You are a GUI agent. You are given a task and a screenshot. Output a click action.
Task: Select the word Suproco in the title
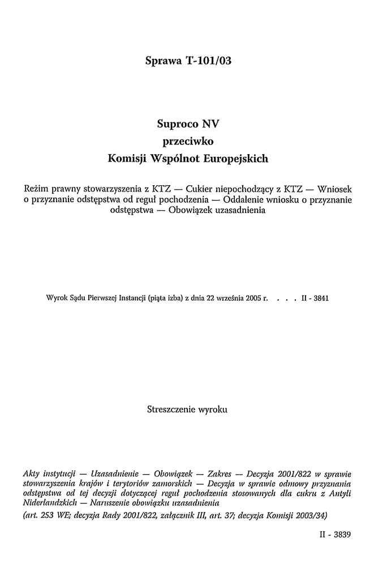pos(174,124)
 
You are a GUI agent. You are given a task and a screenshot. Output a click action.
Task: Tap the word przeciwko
pos(187,142)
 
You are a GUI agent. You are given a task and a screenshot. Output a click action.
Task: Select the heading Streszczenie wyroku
pos(187,409)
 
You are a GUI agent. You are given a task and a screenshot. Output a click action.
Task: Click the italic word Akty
pos(33,473)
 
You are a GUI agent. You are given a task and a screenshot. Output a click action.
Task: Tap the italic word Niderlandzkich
pos(49,502)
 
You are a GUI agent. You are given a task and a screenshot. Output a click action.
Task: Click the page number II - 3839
pos(335,534)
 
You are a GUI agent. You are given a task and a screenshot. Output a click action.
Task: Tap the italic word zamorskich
pos(167,483)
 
